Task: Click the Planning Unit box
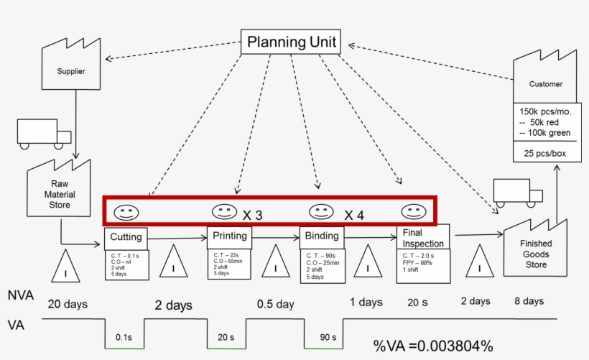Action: [x=290, y=42]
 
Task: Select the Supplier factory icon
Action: [x=71, y=70]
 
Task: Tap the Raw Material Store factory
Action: [x=59, y=190]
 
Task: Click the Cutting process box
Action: [x=126, y=238]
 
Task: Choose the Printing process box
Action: [x=229, y=236]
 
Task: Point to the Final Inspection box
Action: [x=422, y=238]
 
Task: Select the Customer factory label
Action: [x=546, y=84]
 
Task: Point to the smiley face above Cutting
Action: [x=126, y=213]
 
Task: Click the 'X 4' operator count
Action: [x=354, y=214]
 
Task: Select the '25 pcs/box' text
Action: [x=543, y=153]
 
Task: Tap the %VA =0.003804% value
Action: [x=433, y=346]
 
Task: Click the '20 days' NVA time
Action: [x=68, y=303]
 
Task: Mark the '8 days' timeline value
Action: [x=529, y=301]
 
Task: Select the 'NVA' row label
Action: [x=20, y=295]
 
